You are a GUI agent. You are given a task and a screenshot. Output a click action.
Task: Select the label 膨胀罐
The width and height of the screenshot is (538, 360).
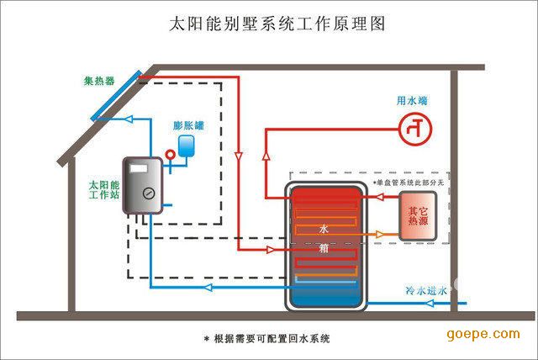tap(187, 125)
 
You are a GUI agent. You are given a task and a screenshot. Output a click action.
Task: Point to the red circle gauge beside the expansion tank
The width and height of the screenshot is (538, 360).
tap(170, 154)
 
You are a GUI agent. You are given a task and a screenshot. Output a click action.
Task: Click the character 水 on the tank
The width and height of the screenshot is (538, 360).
tap(323, 229)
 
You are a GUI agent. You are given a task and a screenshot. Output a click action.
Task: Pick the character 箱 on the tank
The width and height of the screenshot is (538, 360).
tap(323, 249)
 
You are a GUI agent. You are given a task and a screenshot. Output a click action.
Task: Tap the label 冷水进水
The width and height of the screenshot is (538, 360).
tap(423, 290)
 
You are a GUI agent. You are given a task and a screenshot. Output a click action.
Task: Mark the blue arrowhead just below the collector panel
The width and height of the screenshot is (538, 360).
tap(126, 119)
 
